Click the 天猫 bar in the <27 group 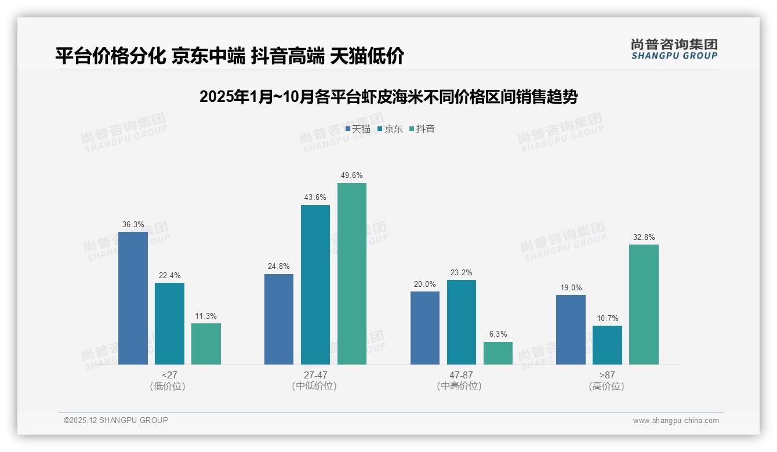pyautogui.click(x=133, y=298)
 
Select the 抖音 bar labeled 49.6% pyautogui.click(x=352, y=274)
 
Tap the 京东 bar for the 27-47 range pyautogui.click(x=315, y=285)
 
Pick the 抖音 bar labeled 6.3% pyautogui.click(x=498, y=353)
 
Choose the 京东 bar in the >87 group pyautogui.click(x=607, y=345)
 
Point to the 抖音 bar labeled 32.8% pyautogui.click(x=644, y=304)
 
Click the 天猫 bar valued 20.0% pyautogui.click(x=425, y=328)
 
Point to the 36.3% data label pyautogui.click(x=133, y=224)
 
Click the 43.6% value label pyautogui.click(x=315, y=198)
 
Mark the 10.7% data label pyautogui.click(x=607, y=318)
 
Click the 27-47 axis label pyautogui.click(x=315, y=375)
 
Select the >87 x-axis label pyautogui.click(x=607, y=375)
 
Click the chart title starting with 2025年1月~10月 pyautogui.click(x=388, y=97)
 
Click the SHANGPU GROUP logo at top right pyautogui.click(x=674, y=49)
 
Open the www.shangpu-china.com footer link pyautogui.click(x=676, y=421)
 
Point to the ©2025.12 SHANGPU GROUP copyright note pyautogui.click(x=116, y=421)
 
